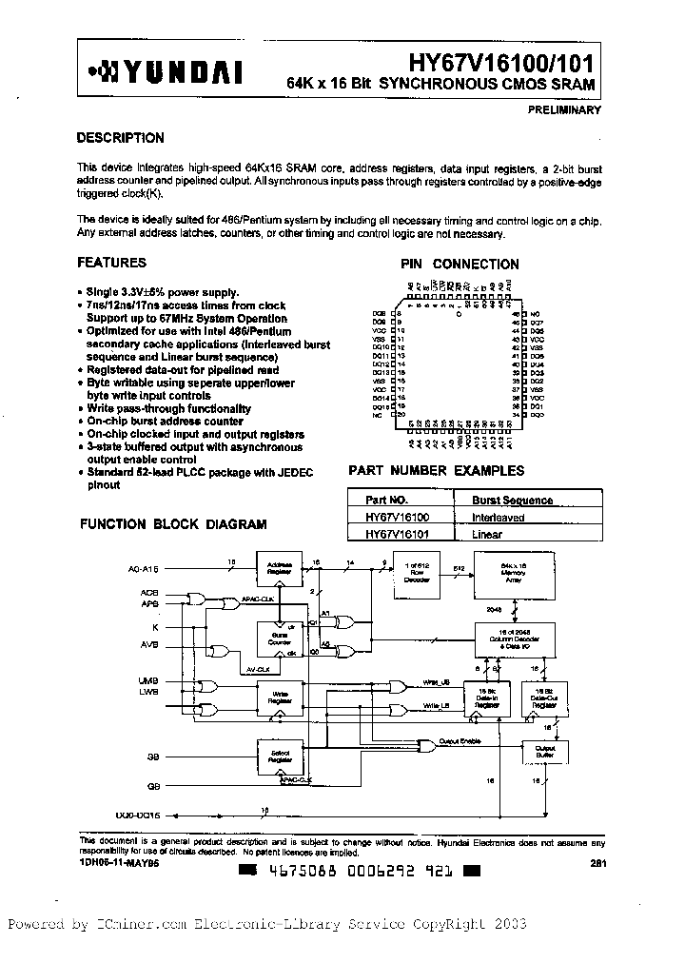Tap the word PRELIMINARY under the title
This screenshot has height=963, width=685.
[564, 110]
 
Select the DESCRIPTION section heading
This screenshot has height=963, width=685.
[120, 138]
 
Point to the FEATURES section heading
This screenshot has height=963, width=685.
[111, 263]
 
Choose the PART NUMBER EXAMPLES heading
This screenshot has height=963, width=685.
[436, 470]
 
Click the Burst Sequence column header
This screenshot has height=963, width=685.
[512, 500]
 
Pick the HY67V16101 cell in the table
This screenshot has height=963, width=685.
[398, 535]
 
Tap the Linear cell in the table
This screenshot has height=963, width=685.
[486, 535]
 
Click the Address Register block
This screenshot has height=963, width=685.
[280, 568]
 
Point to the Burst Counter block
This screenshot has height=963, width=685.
[280, 639]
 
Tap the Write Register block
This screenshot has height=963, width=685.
[280, 698]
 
